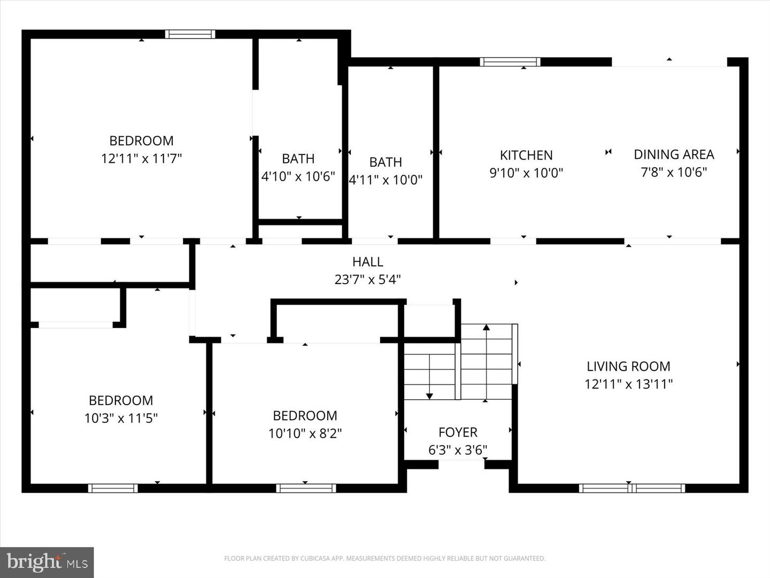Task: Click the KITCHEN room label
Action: click(526, 155)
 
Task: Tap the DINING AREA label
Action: click(674, 155)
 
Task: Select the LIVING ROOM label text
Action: click(628, 367)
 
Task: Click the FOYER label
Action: click(458, 432)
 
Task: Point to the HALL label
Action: click(368, 262)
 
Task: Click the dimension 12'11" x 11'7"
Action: click(142, 158)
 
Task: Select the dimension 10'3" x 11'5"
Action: click(121, 418)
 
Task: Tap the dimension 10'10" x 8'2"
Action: click(305, 433)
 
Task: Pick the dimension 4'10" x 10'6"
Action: click(298, 176)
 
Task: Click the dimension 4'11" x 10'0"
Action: click(386, 180)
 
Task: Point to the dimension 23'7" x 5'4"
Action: click(368, 279)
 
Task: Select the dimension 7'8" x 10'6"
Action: click(674, 172)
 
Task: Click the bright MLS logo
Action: click(47, 562)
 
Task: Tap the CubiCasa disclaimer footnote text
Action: click(384, 559)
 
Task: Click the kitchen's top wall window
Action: click(510, 62)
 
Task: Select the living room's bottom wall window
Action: click(632, 488)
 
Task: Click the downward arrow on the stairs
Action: click(429, 396)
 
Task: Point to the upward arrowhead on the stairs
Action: click(486, 326)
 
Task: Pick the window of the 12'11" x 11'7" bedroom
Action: click(190, 34)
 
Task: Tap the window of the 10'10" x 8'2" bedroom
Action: click(306, 488)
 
